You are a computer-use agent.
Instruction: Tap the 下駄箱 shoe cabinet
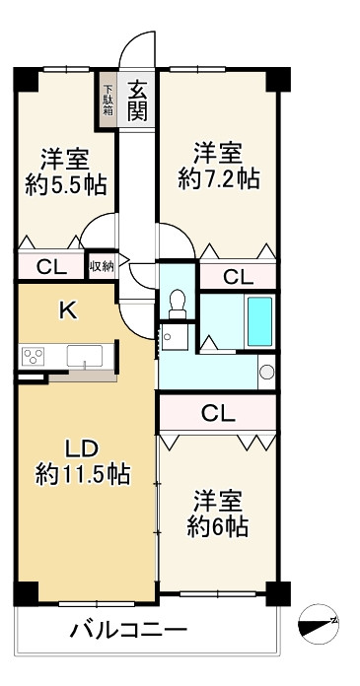pyautogui.click(x=108, y=101)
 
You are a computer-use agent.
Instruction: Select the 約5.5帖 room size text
pyautogui.click(x=66, y=186)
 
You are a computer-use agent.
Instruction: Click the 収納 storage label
pyautogui.click(x=102, y=266)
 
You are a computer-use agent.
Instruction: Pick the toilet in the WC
pyautogui.click(x=178, y=304)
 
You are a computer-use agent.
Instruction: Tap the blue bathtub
pyautogui.click(x=259, y=321)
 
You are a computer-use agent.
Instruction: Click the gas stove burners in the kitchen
pyautogui.click(x=34, y=355)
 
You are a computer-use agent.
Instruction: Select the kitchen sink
pyautogui.click(x=85, y=355)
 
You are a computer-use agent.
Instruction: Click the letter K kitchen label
pyautogui.click(x=69, y=310)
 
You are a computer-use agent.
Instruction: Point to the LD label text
pyautogui.click(x=81, y=448)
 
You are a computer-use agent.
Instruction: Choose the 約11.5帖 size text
pyautogui.click(x=83, y=474)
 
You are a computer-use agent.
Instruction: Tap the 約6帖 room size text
pyautogui.click(x=218, y=525)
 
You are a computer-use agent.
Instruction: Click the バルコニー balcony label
pyautogui.click(x=129, y=631)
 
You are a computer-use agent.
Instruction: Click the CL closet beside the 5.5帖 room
pyautogui.click(x=51, y=266)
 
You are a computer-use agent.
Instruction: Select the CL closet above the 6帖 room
pyautogui.click(x=218, y=413)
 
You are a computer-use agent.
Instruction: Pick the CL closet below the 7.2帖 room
pyautogui.click(x=238, y=277)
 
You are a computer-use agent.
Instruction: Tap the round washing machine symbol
pyautogui.click(x=266, y=372)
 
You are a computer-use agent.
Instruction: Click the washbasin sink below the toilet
pyautogui.click(x=174, y=336)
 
